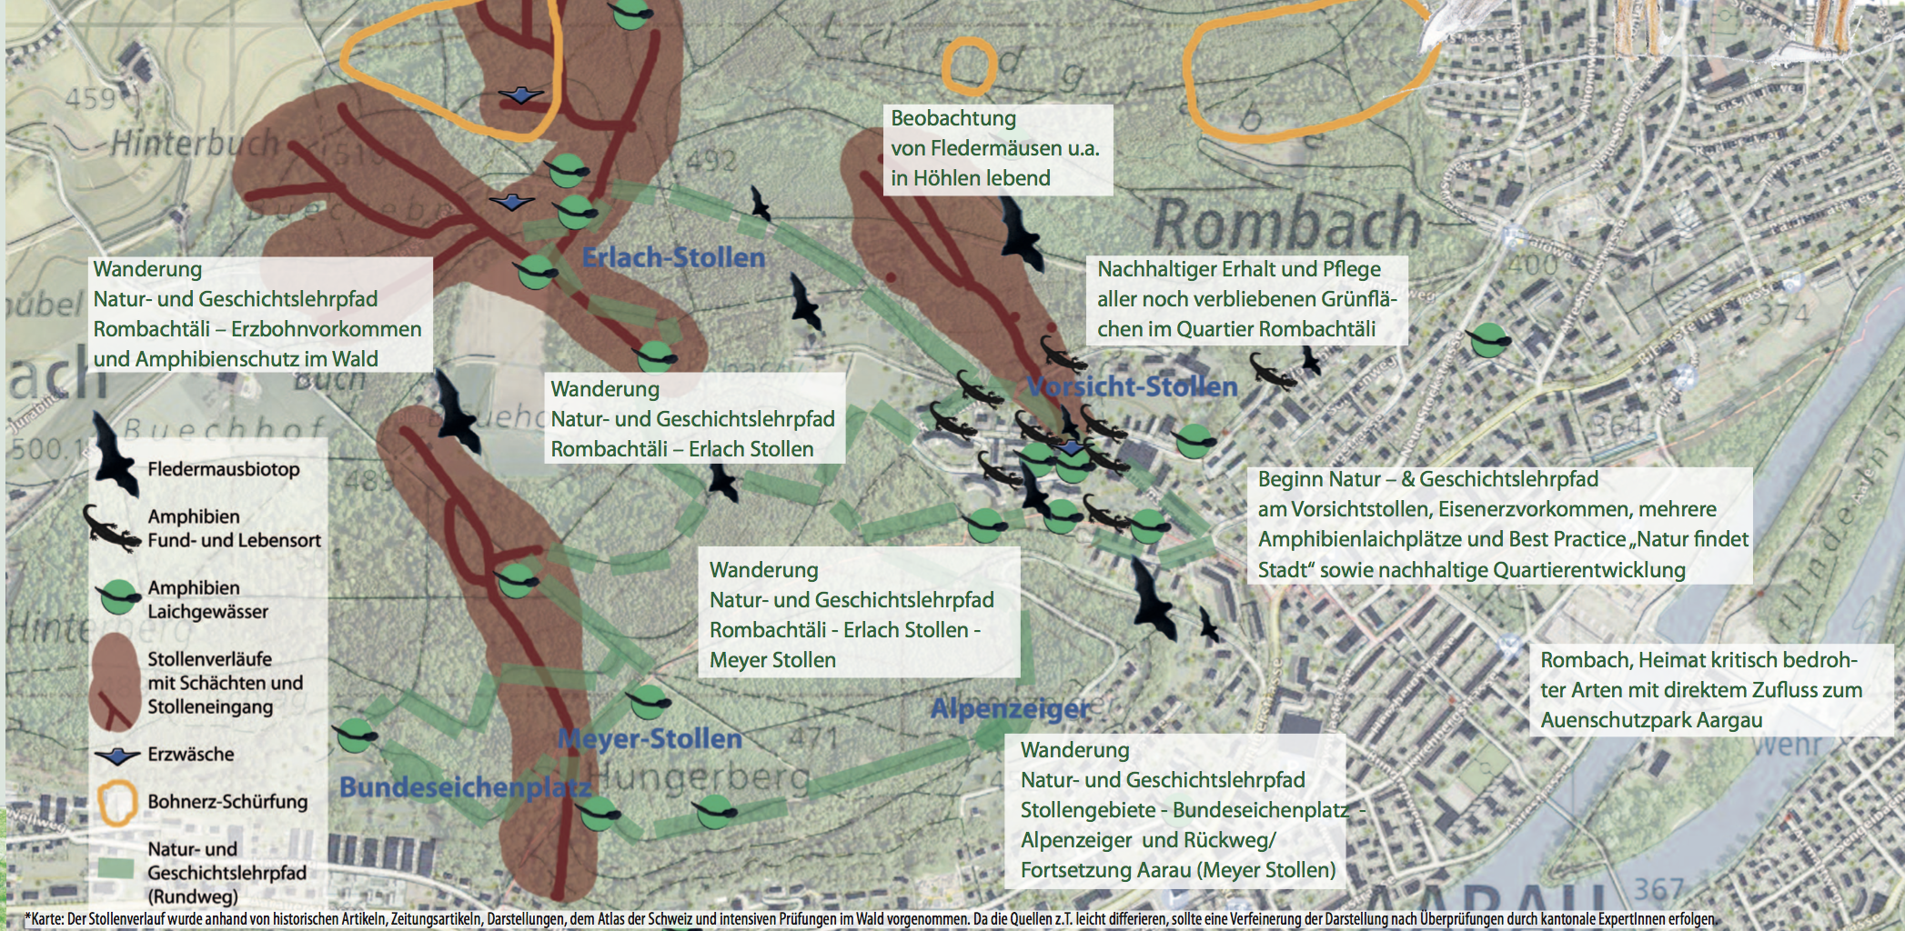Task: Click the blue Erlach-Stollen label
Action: [x=673, y=258]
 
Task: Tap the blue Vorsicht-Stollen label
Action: [x=1133, y=387]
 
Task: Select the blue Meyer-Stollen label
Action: [x=650, y=739]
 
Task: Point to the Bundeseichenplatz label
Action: [x=464, y=787]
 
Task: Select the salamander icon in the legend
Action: [x=112, y=528]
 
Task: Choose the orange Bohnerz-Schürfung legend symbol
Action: [x=117, y=803]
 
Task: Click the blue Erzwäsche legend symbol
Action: [x=117, y=755]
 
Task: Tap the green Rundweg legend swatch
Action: [x=116, y=868]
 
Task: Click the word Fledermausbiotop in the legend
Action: [x=224, y=469]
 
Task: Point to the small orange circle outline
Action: [x=969, y=66]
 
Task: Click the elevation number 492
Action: [x=711, y=161]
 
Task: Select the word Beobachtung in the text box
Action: [x=952, y=118]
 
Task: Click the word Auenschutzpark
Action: [x=1607, y=720]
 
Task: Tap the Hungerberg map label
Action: [x=700, y=778]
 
